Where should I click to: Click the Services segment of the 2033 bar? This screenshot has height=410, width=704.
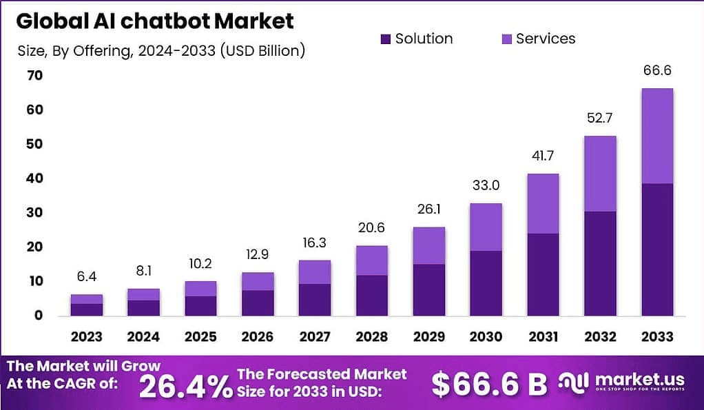(656, 136)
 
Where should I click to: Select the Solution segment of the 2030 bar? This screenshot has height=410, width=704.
(486, 283)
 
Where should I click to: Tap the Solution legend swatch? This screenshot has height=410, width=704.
(385, 39)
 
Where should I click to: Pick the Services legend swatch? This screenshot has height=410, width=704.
(506, 39)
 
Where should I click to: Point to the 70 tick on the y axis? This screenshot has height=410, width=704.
(34, 76)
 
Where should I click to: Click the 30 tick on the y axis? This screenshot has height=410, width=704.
(34, 213)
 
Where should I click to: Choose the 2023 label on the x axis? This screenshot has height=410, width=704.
(87, 337)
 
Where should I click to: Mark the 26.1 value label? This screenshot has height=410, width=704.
(428, 209)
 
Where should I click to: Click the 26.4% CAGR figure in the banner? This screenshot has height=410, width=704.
(185, 385)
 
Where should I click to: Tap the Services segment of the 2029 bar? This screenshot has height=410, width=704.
(428, 246)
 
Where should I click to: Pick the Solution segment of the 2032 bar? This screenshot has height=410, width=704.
(599, 263)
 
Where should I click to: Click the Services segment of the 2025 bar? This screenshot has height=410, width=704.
(200, 289)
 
